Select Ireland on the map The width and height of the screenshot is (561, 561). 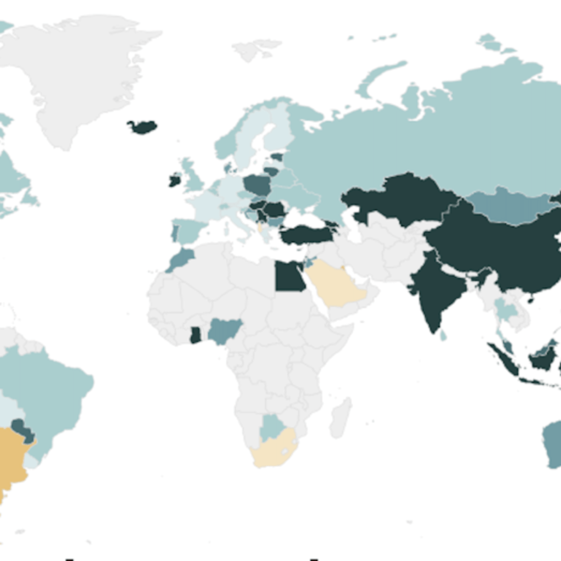point(175,180)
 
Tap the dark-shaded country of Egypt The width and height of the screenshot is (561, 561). point(289,277)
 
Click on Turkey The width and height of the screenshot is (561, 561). point(307,234)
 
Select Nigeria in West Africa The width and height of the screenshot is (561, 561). point(225,330)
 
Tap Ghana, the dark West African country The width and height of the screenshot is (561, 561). point(196,335)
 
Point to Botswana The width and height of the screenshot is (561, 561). point(271,427)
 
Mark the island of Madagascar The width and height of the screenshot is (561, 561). point(340,417)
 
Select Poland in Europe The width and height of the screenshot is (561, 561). point(257,185)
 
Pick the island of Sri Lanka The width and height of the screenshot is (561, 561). point(443,335)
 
